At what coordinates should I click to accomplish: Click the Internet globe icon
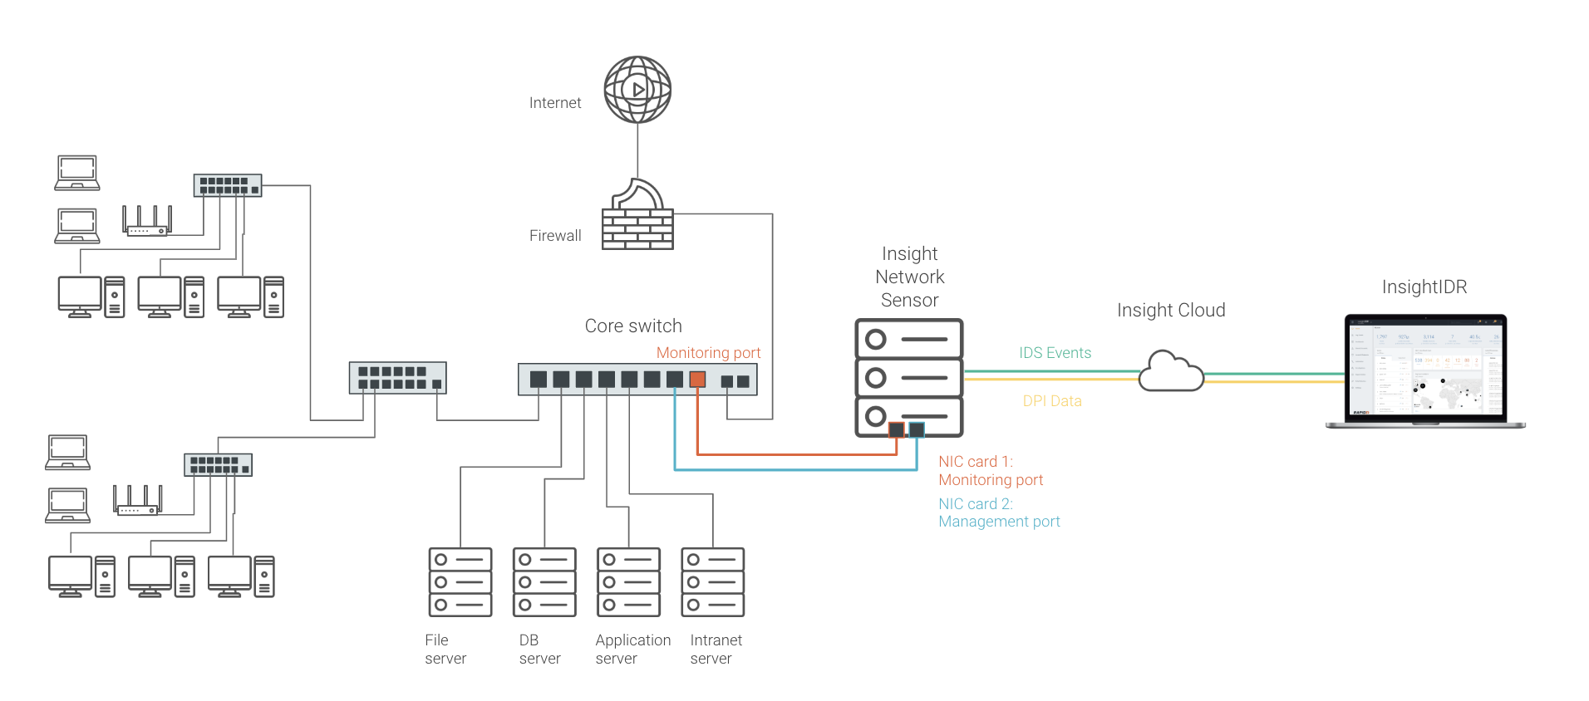(x=637, y=90)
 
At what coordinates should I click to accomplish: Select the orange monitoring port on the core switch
(x=697, y=380)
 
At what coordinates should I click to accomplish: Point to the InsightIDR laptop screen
(x=1425, y=366)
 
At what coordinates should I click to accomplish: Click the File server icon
(x=460, y=582)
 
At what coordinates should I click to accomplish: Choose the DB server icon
(x=544, y=582)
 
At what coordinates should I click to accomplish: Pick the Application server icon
(x=628, y=582)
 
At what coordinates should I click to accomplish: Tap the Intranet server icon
(x=712, y=582)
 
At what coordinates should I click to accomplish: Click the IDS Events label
(x=1055, y=353)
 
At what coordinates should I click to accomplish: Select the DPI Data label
(x=1052, y=401)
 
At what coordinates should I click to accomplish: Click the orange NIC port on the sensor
(x=897, y=429)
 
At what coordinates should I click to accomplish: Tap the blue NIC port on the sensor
(x=917, y=429)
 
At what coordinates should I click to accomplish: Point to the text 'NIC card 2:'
(x=976, y=504)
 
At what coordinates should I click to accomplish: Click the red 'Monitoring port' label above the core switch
(x=708, y=353)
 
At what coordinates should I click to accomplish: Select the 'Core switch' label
(x=633, y=326)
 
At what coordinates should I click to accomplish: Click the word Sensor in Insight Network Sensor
(x=909, y=301)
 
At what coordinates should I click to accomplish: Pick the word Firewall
(x=555, y=236)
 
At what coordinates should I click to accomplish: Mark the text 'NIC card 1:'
(x=976, y=462)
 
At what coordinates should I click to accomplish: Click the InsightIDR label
(x=1424, y=287)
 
